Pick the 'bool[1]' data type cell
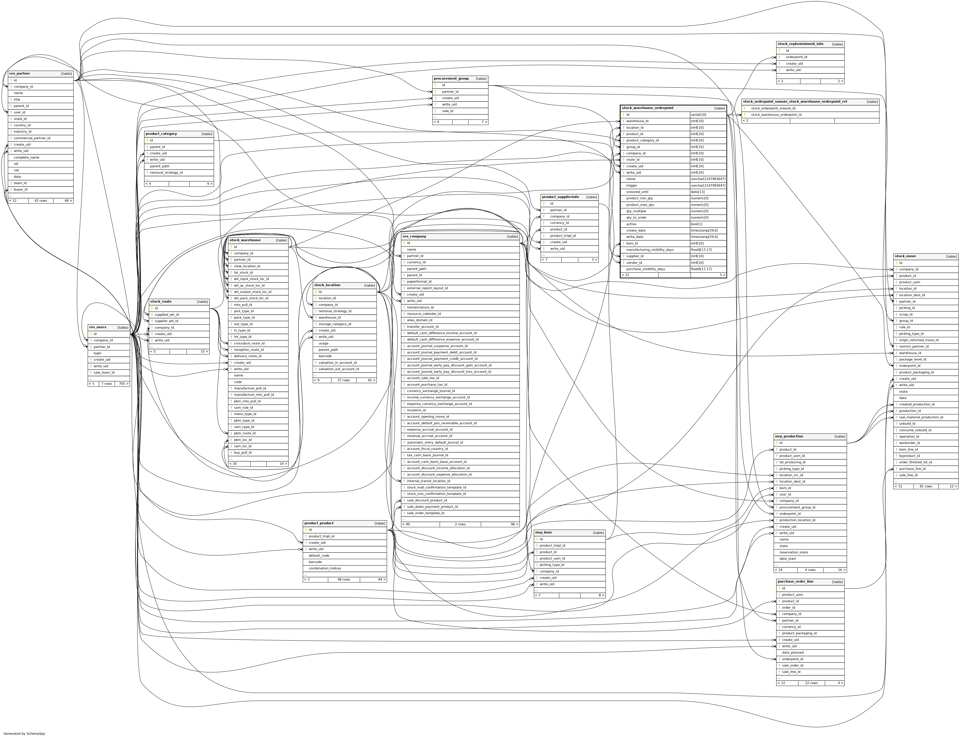pos(697,224)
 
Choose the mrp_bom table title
pos(544,532)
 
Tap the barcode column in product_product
pos(315,562)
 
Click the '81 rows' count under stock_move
pos(926,486)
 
